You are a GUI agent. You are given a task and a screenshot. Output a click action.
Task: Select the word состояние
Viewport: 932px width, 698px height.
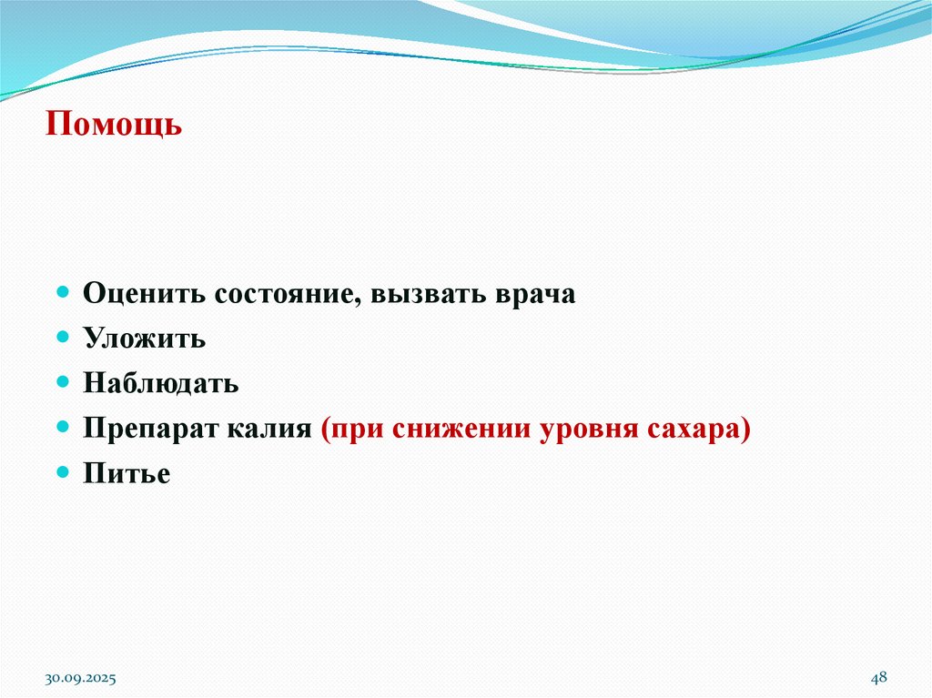pyautogui.click(x=288, y=295)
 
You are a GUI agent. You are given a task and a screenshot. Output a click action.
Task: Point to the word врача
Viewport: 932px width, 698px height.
pyautogui.click(x=536, y=295)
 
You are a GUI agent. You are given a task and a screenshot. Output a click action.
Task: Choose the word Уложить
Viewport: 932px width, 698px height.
pyautogui.click(x=145, y=339)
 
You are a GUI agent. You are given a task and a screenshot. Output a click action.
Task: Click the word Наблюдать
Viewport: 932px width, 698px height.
pyautogui.click(x=161, y=383)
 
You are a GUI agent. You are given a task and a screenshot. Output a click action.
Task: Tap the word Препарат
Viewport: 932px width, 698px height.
pyautogui.click(x=147, y=429)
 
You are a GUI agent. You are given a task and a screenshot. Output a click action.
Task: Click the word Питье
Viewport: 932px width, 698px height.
pyautogui.click(x=127, y=473)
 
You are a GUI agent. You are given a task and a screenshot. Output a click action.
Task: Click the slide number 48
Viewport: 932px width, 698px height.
pyautogui.click(x=879, y=677)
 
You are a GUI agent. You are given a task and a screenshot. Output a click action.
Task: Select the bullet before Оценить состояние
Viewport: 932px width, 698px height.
pyautogui.click(x=63, y=293)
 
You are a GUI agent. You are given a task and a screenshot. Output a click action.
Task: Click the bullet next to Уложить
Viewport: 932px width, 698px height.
pyautogui.click(x=63, y=338)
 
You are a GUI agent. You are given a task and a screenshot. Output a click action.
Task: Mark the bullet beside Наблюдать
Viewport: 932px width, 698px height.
pyautogui.click(x=63, y=381)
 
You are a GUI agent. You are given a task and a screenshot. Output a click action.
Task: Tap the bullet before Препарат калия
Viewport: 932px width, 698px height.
pyautogui.click(x=63, y=427)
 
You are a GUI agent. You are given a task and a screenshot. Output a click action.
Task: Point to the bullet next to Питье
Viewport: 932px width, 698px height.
pyautogui.click(x=63, y=471)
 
